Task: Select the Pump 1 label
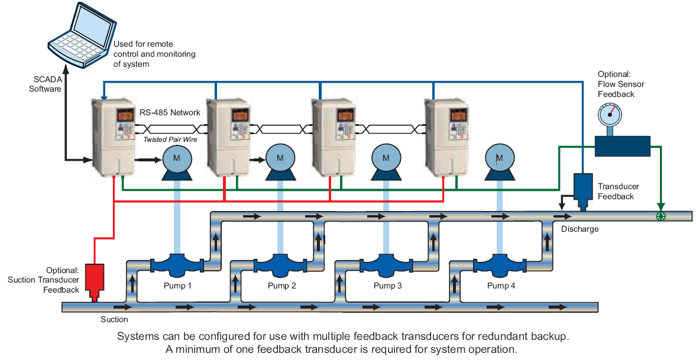[177, 286]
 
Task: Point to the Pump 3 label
[387, 286]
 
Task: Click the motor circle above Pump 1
[177, 158]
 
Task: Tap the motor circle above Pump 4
[499, 158]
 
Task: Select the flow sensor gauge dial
[610, 115]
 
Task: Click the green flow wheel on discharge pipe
[661, 216]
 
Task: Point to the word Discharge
[580, 229]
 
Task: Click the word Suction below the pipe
[114, 319]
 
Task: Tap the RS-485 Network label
[170, 112]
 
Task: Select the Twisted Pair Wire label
[170, 140]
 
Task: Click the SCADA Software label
[46, 85]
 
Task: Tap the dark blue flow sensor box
[622, 147]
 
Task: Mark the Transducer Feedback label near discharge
[619, 192]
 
